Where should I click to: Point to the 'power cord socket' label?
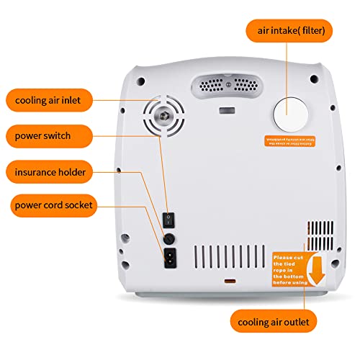(54, 206)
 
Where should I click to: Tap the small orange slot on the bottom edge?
(230, 281)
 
